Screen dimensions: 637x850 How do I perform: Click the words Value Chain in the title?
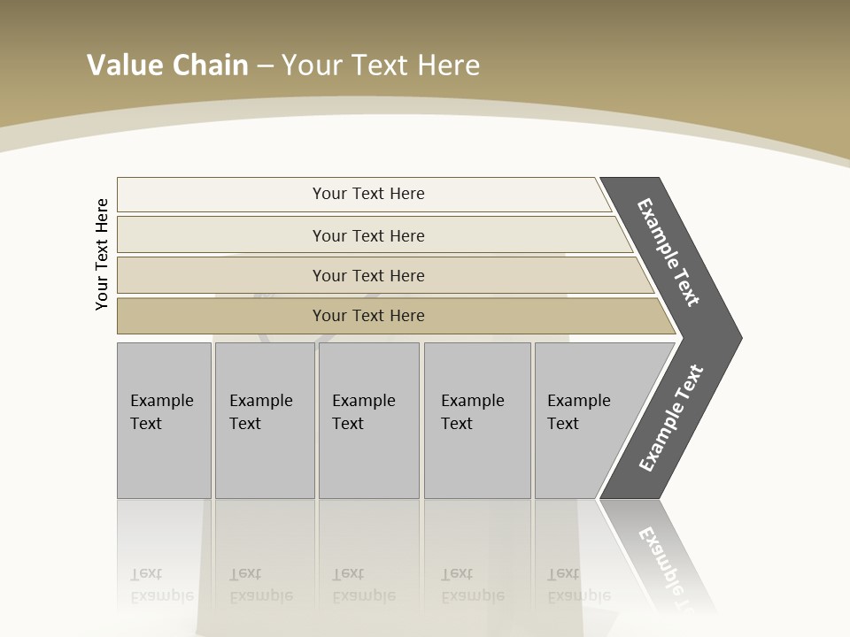[x=167, y=65]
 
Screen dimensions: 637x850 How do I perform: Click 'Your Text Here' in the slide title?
[x=381, y=65]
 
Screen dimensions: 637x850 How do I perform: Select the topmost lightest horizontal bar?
[x=221, y=195]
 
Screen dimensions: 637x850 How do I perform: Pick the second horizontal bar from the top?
[x=221, y=235]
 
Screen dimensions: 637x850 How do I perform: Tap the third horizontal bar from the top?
[x=221, y=275]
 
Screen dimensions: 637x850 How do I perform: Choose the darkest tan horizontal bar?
[x=221, y=316]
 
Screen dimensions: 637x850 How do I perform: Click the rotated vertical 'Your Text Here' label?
[x=102, y=254]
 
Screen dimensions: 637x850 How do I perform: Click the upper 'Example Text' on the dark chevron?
[x=668, y=252]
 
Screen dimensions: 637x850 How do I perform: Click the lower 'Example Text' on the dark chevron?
[x=670, y=418]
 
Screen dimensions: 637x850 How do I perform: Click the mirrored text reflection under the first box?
[x=161, y=585]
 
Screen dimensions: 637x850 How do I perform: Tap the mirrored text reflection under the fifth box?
[x=578, y=585]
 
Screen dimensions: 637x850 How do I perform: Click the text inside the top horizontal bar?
[x=368, y=194]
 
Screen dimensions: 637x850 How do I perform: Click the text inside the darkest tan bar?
[x=368, y=316]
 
